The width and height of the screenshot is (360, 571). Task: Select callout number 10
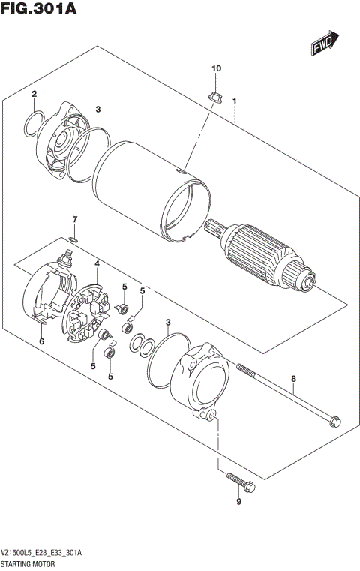tap(217, 69)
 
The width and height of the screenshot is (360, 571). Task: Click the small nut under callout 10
tap(214, 95)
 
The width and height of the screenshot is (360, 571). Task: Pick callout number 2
tap(34, 94)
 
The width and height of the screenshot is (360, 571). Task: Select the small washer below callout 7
tap(72, 239)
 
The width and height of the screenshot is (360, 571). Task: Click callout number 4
tap(97, 263)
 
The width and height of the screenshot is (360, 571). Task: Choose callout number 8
tap(294, 379)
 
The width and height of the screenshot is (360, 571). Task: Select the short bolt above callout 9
tap(240, 482)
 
